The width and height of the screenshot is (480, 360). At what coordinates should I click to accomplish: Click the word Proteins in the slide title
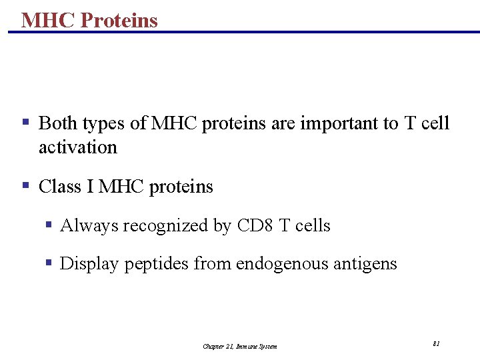pos(119,20)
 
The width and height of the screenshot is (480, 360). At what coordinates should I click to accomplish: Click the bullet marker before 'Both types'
pos(25,123)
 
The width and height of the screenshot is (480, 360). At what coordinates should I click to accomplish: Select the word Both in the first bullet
pos(58,123)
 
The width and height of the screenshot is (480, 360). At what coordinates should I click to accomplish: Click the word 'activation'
pos(77,147)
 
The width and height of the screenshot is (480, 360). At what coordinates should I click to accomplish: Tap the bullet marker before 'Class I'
pos(25,185)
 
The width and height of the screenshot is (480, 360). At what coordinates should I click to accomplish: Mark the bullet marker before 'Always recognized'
pos(49,225)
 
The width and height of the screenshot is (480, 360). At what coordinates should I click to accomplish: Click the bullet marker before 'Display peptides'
pos(49,263)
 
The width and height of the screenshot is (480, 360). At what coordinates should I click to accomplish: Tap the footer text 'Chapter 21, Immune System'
pos(240,346)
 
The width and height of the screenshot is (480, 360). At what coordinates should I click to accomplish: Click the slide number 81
pos(436,343)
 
